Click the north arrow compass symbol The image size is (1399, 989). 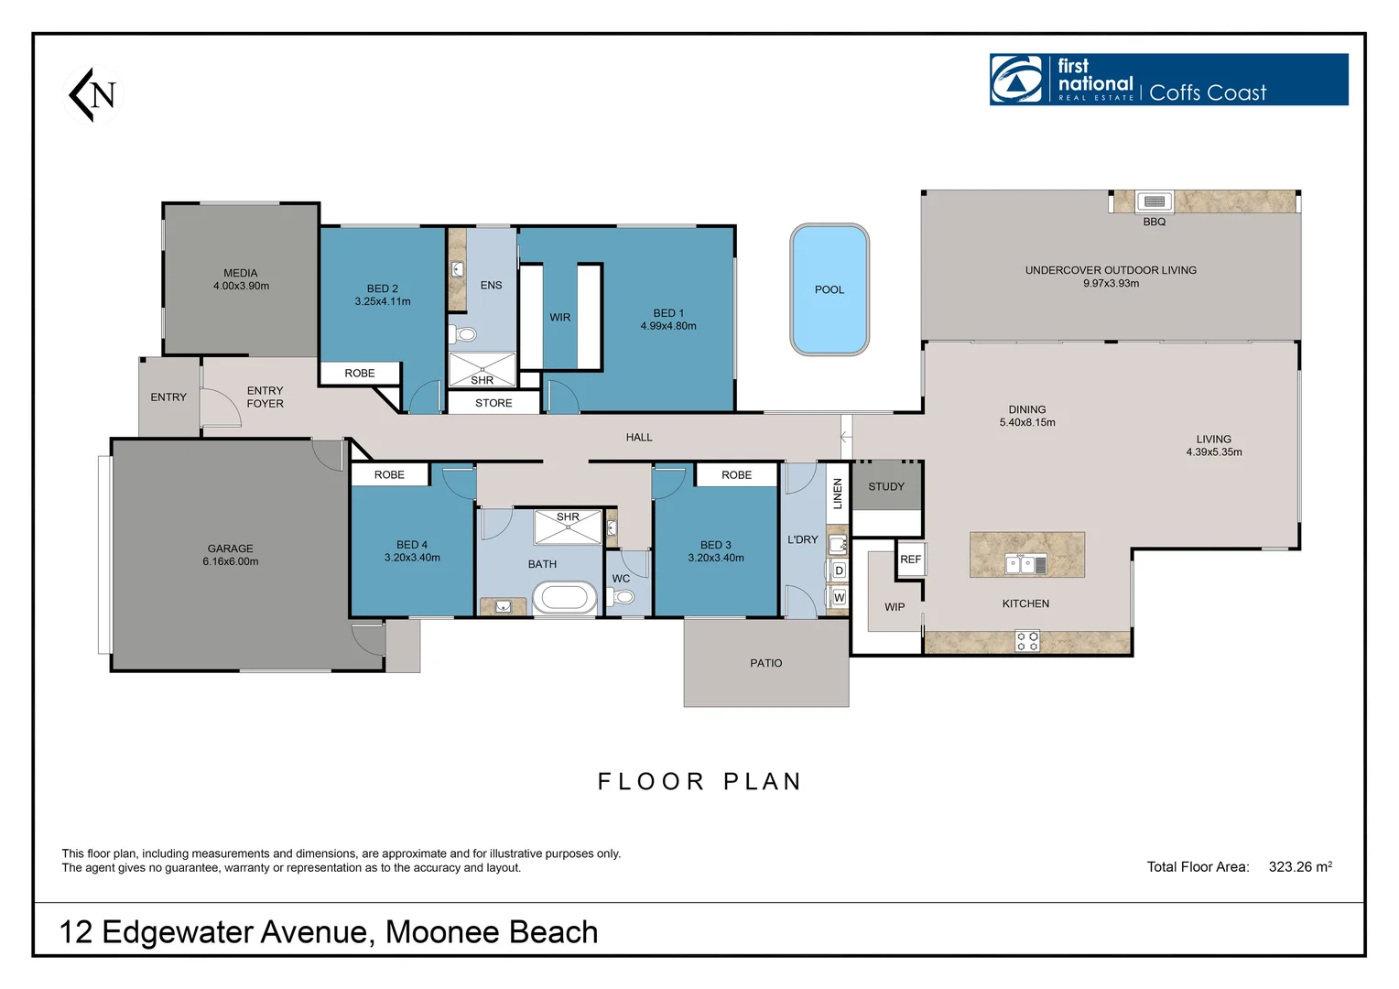[92, 94]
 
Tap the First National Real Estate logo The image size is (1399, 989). [1168, 80]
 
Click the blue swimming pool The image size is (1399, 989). [830, 289]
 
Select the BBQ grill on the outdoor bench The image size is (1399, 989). [1155, 201]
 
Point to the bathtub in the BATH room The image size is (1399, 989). [565, 597]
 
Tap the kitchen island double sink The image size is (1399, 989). [1025, 564]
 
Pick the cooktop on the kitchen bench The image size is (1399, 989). [1026, 641]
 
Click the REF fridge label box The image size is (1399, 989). [911, 560]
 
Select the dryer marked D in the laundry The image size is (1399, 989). [839, 571]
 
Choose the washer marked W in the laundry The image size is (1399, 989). [839, 598]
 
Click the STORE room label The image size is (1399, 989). [493, 403]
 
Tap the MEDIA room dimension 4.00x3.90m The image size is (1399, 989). [241, 286]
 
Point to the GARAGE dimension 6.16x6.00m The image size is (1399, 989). [231, 561]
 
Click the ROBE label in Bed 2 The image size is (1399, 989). [360, 373]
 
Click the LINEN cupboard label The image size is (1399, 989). [838, 494]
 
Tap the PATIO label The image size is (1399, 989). [765, 663]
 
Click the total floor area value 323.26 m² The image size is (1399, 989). [1300, 866]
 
